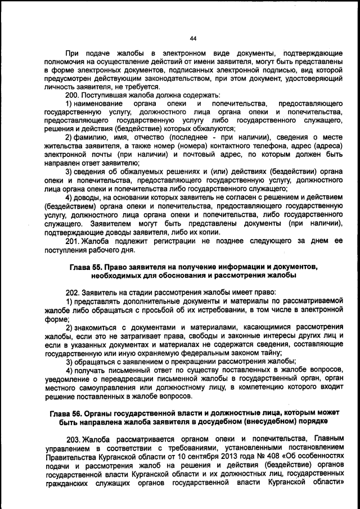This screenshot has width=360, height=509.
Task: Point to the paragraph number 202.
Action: pyautogui.click(x=73, y=292)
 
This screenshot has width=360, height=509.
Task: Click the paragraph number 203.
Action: pyautogui.click(x=73, y=438)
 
